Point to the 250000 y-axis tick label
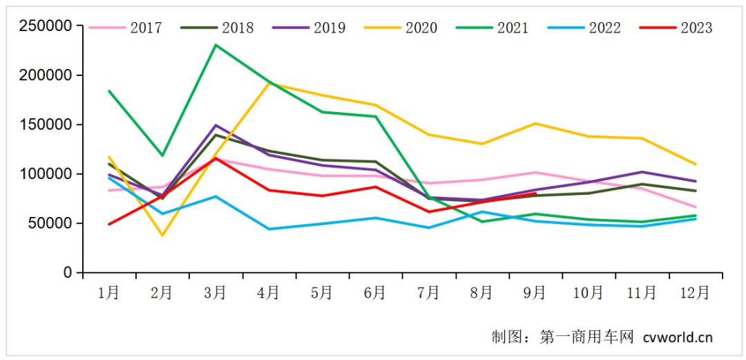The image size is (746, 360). coord(46,26)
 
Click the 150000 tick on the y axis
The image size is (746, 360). coord(46,125)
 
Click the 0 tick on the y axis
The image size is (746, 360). coord(68,273)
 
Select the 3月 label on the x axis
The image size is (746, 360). coord(215,293)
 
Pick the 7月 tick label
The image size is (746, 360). coord(428,293)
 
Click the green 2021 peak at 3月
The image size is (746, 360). coord(216,45)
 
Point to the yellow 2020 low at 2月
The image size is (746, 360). coord(162,236)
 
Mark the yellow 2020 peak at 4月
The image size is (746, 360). coord(269,83)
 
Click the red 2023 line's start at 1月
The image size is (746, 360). coord(109,225)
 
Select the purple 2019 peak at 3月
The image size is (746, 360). coord(216,125)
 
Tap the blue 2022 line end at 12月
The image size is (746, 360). coord(695,219)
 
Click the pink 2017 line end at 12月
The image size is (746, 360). coord(695,207)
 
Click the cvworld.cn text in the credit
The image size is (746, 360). coord(677,337)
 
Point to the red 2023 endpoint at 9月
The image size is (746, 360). coord(535,193)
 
